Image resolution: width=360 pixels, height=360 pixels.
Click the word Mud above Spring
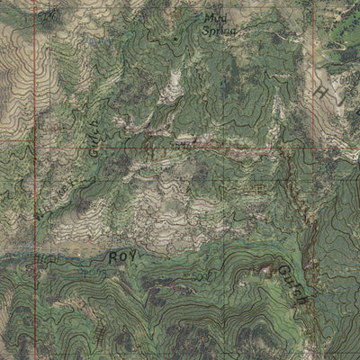coord(214,16)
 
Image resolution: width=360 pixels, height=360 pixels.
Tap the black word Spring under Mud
coord(218,29)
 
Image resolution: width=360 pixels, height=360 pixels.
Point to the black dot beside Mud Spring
coord(175,40)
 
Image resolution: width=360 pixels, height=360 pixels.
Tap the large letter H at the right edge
coord(321,94)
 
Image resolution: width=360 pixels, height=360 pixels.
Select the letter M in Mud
coord(208,16)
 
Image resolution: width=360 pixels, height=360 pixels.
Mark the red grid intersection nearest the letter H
coord(309,142)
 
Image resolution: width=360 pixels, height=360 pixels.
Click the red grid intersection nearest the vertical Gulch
coord(36,142)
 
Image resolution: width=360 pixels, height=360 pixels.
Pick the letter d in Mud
coord(222,16)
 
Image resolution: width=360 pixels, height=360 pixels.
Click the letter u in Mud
coord(216,17)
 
